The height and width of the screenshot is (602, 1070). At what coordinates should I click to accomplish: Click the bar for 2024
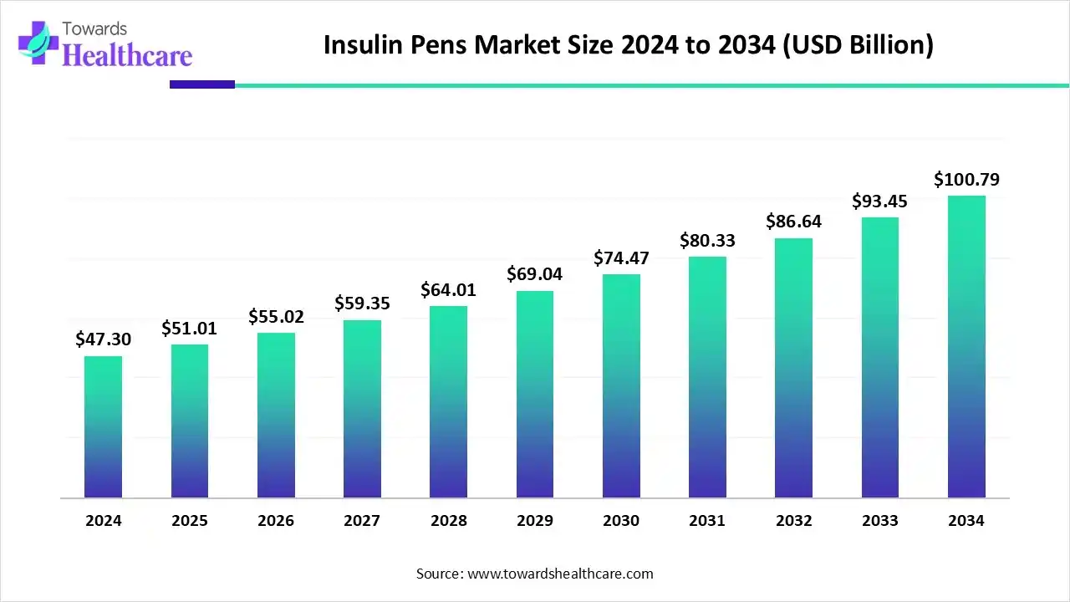tap(103, 426)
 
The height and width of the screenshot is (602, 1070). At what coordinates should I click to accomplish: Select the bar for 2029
tap(535, 394)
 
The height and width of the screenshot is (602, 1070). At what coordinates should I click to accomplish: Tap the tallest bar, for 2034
tap(966, 346)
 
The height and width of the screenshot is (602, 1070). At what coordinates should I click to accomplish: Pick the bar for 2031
tap(707, 376)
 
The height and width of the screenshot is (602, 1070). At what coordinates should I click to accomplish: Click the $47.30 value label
tap(103, 339)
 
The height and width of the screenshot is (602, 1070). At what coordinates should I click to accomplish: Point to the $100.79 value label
tap(966, 179)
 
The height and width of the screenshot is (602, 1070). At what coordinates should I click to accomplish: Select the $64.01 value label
tap(449, 289)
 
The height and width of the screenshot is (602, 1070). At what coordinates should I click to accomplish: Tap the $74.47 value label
tap(621, 258)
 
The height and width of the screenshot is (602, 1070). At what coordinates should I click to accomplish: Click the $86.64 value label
tap(793, 222)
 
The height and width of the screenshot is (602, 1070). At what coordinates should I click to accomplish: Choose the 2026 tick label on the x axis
tap(276, 520)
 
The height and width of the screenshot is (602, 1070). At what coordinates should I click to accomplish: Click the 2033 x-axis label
tap(879, 520)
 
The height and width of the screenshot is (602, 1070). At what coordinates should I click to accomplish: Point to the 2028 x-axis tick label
tap(449, 520)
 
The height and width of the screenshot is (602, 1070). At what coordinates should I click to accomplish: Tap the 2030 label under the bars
tap(621, 520)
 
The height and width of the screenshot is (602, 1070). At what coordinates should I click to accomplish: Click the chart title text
tap(629, 45)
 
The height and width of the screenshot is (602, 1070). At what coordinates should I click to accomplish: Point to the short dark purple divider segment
tap(201, 84)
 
